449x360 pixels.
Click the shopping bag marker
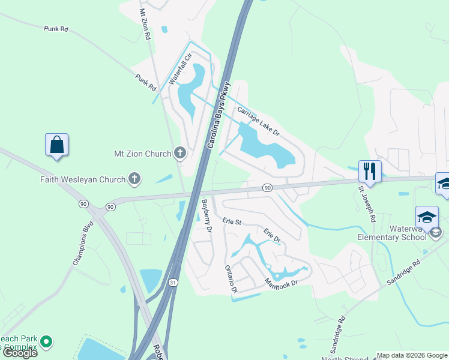click(x=56, y=145)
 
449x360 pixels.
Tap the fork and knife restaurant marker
click(x=370, y=171)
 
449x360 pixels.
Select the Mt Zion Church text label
click(x=142, y=154)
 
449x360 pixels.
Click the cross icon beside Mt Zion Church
click(x=179, y=153)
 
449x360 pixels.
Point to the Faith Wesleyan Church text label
click(x=83, y=179)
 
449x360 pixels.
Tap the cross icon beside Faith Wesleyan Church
click(x=134, y=178)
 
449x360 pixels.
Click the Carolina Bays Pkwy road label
click(x=218, y=115)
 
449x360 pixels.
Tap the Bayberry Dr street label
click(x=206, y=216)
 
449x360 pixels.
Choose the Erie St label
click(x=231, y=221)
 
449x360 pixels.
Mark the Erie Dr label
click(x=272, y=235)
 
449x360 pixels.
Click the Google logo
click(x=20, y=353)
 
